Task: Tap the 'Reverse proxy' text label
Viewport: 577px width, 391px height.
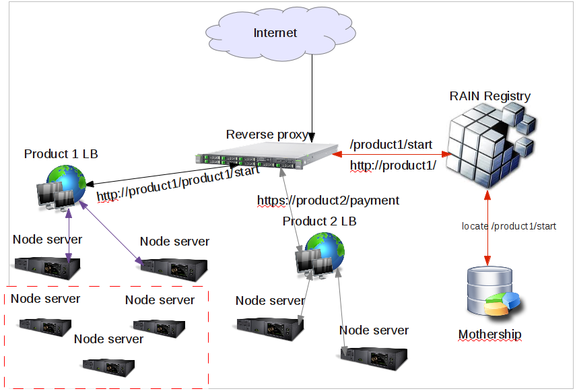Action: pos(267,134)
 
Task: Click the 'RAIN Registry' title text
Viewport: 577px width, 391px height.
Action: pos(489,96)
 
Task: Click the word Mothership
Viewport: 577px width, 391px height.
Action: pos(489,334)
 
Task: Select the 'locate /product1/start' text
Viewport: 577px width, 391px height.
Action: pos(508,226)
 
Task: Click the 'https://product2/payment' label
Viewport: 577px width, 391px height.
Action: pos(328,200)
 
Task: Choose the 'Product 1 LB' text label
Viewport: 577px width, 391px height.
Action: pos(61,154)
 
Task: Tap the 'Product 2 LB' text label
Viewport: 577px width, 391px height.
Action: pos(320,221)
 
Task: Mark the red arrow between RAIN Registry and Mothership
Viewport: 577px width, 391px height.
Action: pos(487,226)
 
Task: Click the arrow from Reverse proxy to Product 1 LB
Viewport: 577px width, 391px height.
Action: pos(162,174)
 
